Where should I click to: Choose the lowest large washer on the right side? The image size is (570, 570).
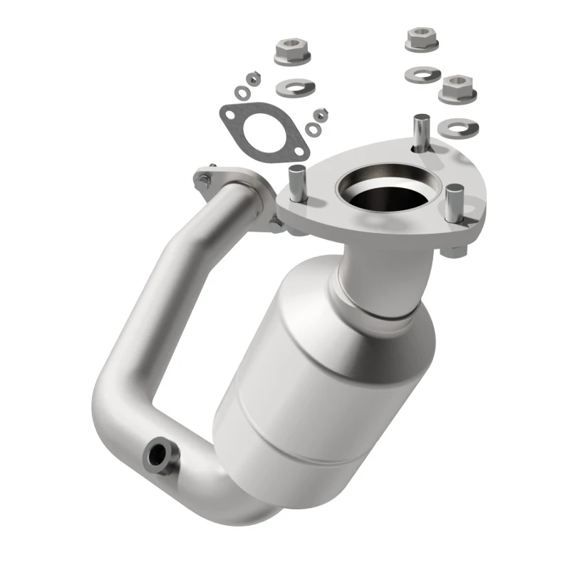(458, 127)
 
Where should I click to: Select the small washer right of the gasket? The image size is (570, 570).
(313, 129)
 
